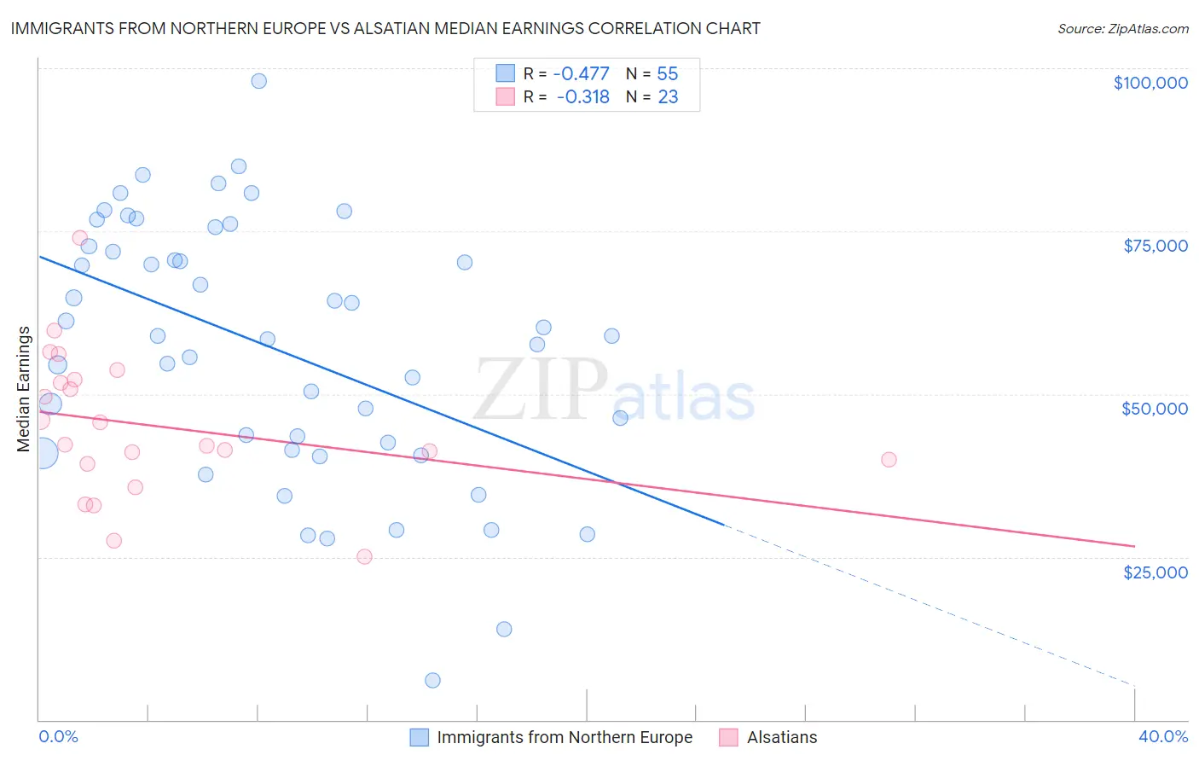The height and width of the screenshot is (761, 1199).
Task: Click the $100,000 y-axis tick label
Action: tap(1150, 83)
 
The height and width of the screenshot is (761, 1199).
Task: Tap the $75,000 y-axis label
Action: tap(1155, 246)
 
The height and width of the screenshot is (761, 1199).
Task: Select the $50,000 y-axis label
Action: tap(1154, 409)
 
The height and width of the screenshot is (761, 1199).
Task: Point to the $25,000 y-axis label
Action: tap(1155, 572)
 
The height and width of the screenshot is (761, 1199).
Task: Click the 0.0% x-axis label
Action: tap(58, 736)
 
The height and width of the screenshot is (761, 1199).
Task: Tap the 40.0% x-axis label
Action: tap(1162, 736)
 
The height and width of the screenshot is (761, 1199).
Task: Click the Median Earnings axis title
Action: tap(24, 389)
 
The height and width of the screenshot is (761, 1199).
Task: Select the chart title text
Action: tap(385, 28)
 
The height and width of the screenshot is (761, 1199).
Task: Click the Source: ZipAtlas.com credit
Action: tap(1122, 29)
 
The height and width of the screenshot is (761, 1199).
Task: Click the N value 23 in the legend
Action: tap(668, 97)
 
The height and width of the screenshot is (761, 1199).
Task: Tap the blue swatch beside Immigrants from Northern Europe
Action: tap(419, 737)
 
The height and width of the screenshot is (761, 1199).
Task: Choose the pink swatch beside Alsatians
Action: tap(728, 737)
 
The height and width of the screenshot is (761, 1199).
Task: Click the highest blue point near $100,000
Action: tap(258, 81)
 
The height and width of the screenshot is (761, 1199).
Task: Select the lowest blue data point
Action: tap(432, 680)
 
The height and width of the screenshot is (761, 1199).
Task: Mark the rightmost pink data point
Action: tap(889, 459)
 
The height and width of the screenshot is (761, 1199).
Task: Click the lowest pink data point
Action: tap(364, 556)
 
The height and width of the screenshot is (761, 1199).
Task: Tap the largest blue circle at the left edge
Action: tap(43, 453)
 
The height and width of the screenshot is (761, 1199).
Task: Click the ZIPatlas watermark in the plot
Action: tap(614, 391)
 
